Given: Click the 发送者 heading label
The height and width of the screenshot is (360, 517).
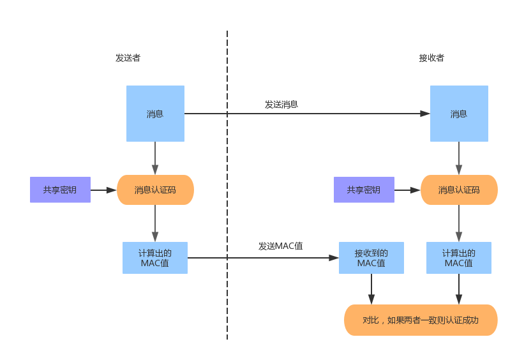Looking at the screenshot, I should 128,58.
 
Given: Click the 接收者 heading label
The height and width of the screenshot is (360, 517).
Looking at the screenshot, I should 431,58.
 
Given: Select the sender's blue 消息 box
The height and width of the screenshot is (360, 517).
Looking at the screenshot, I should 155,114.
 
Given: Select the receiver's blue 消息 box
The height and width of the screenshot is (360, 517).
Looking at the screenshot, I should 459,114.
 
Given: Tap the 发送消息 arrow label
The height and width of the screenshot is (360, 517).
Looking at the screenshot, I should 281,104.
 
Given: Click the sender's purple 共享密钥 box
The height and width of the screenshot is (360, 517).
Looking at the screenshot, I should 60,190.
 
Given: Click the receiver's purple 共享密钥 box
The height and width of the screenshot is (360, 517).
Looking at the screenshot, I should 364,190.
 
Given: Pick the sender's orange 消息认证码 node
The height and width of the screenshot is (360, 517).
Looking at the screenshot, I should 155,190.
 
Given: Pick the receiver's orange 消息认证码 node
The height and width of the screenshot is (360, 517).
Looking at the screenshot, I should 459,190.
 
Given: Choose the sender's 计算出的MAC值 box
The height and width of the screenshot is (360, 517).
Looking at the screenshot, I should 155,258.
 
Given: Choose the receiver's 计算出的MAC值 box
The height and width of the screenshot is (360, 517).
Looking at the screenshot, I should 459,258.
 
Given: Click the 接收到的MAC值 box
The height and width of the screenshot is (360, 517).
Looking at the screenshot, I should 371,258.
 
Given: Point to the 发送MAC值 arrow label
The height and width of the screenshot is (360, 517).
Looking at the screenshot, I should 281,246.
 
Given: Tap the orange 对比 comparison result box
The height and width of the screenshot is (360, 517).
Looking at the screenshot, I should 421,320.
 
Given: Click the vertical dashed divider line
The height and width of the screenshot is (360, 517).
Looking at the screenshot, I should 227,191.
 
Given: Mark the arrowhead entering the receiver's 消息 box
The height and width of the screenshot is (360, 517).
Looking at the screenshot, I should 425,114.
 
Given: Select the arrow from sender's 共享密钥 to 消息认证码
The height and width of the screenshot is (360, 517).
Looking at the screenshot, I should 103,190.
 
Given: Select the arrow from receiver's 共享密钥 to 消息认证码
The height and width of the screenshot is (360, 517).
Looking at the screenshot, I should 407,190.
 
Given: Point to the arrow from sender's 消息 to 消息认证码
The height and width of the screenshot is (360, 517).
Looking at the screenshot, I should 155,158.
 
